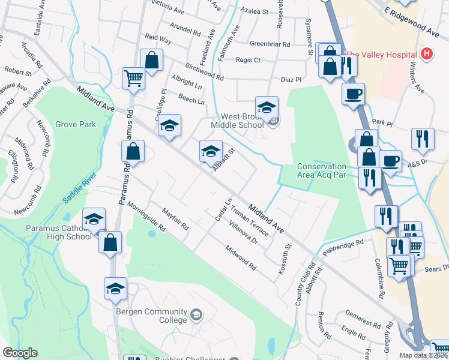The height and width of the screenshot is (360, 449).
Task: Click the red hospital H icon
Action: point(427,54)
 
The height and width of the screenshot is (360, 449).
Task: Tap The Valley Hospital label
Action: point(382,54)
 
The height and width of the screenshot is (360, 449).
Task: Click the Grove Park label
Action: point(76,125)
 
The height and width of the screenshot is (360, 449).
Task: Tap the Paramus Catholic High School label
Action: point(59,232)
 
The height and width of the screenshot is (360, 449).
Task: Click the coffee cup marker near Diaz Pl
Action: point(353,94)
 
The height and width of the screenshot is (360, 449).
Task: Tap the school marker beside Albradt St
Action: point(211,151)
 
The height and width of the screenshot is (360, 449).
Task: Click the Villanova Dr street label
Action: point(243,233)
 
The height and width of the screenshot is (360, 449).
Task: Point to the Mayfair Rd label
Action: point(175,219)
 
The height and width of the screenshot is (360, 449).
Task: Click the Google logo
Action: point(20,353)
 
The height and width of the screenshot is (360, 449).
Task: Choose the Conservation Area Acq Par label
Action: point(322,170)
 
